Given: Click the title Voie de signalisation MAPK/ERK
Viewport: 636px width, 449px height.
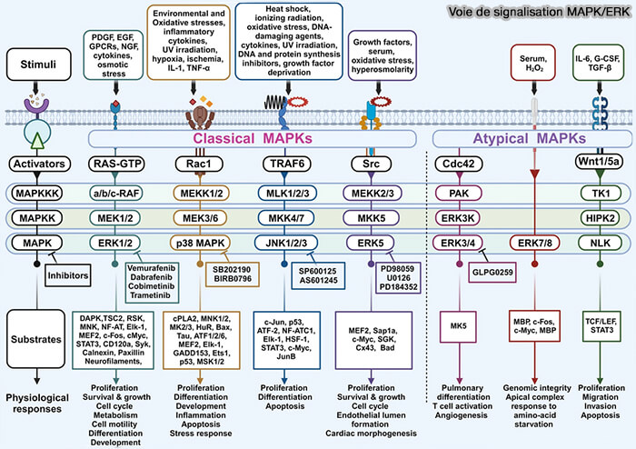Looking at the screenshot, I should click(551, 13).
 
